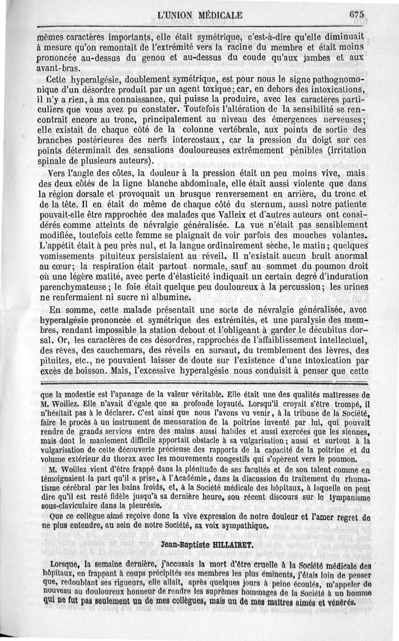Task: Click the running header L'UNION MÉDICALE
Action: [x=199, y=15]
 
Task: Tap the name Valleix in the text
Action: [x=178, y=216]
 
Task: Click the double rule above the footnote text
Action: [x=199, y=382]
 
